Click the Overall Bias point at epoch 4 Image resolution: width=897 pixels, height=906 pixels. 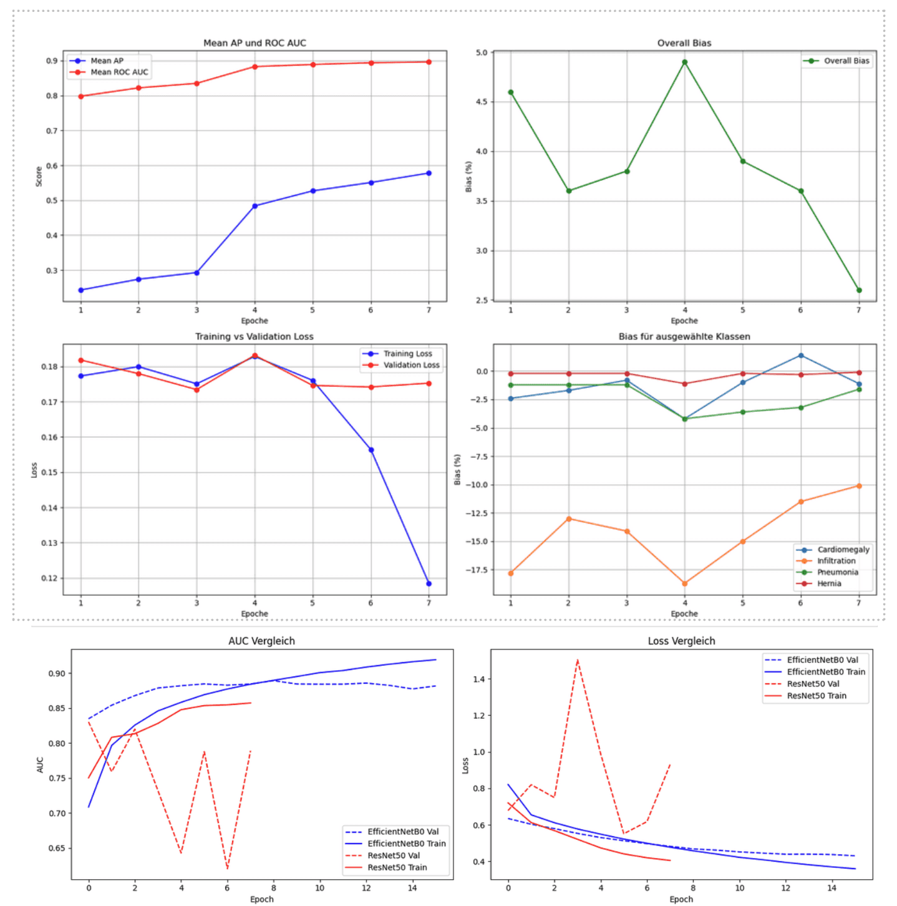coord(684,62)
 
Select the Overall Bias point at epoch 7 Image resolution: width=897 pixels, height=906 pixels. coord(859,290)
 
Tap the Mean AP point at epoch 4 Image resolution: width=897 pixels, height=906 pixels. coord(255,206)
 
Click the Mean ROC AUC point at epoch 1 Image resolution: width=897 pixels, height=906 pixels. coord(81,96)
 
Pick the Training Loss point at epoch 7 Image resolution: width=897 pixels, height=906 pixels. coord(429,583)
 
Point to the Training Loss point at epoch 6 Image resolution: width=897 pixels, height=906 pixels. coord(371,450)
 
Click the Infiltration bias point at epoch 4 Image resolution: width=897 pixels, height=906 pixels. coord(684,583)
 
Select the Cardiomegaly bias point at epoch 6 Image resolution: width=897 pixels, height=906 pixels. coord(800,356)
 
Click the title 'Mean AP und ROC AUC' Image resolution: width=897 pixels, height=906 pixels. coord(255,43)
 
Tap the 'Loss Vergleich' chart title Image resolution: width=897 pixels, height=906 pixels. coord(681,641)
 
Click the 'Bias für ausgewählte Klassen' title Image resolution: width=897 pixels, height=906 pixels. coord(684,336)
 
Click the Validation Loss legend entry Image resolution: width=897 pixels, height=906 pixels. coord(400,365)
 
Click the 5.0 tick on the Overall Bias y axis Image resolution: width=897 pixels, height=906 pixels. coord(482,52)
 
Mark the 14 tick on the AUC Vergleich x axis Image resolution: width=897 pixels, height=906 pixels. coord(412,888)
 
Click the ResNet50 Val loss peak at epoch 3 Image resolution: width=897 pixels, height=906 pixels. coord(578,660)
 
